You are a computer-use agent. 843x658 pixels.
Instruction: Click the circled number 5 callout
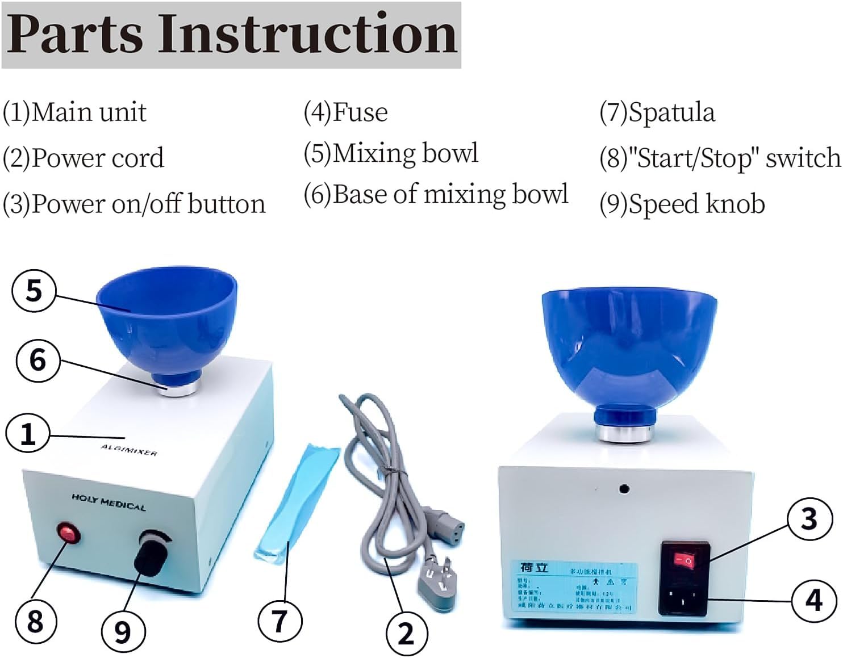pyautogui.click(x=34, y=291)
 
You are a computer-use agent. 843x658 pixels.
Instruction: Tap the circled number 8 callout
pyautogui.click(x=35, y=621)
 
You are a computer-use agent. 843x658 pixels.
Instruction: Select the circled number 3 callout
pyautogui.click(x=809, y=519)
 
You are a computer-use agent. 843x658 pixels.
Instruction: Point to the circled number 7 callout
pyautogui.click(x=279, y=621)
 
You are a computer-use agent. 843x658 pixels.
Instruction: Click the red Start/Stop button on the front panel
pyautogui.click(x=68, y=534)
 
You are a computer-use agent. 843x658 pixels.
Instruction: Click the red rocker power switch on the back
pyautogui.click(x=685, y=561)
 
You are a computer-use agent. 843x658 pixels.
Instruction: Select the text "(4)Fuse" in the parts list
pyautogui.click(x=345, y=112)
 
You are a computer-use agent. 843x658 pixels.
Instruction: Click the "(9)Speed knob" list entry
pyautogui.click(x=682, y=204)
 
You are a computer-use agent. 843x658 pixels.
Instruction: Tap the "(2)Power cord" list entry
pyautogui.click(x=84, y=158)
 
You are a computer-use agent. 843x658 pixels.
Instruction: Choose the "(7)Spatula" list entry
pyautogui.click(x=657, y=112)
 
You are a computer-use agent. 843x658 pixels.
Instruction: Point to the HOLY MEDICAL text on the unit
pyautogui.click(x=108, y=502)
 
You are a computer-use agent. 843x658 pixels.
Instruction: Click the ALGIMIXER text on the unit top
pyautogui.click(x=129, y=450)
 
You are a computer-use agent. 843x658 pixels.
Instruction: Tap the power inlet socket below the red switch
pyautogui.click(x=683, y=596)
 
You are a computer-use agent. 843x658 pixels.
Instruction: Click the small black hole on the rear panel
pyautogui.click(x=624, y=488)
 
